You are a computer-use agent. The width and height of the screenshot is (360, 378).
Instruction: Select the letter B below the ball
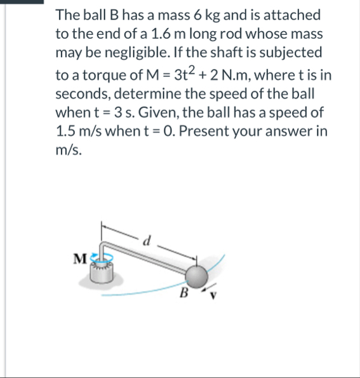(185, 293)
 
